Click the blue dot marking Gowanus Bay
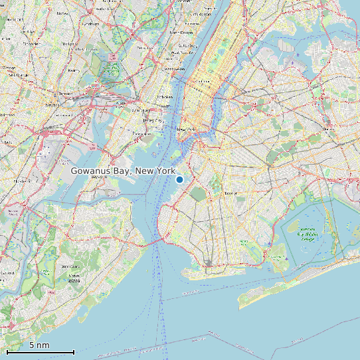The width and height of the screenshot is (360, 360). tap(179, 179)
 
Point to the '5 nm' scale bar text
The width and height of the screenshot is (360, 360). tap(39, 345)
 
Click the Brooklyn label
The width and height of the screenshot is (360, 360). tap(230, 193)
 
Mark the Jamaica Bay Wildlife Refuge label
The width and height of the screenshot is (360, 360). tap(306, 234)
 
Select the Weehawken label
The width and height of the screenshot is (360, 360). tap(174, 68)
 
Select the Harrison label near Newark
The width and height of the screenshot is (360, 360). tap(65, 94)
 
